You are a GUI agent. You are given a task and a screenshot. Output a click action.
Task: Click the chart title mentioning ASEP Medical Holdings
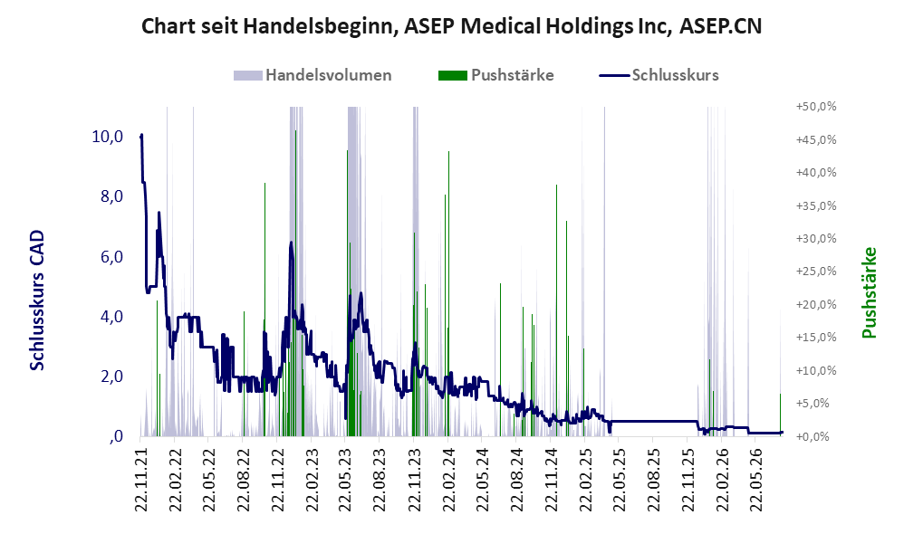[x=451, y=26]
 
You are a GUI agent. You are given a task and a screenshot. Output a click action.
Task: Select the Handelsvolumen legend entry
[x=313, y=75]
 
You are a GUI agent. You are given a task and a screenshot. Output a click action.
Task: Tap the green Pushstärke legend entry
[x=495, y=75]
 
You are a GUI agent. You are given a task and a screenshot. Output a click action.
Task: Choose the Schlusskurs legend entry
[x=659, y=75]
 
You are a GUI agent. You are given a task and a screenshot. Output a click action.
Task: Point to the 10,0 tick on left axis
[x=107, y=137]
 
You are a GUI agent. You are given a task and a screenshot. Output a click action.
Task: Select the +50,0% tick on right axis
[x=816, y=107]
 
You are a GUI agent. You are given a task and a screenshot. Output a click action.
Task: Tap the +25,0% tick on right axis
[x=816, y=272]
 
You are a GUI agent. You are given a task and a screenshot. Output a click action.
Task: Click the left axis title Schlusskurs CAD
[x=37, y=300]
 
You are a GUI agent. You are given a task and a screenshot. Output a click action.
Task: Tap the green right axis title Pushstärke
[x=870, y=292]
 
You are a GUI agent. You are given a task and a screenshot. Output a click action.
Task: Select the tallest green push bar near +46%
[x=296, y=283]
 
